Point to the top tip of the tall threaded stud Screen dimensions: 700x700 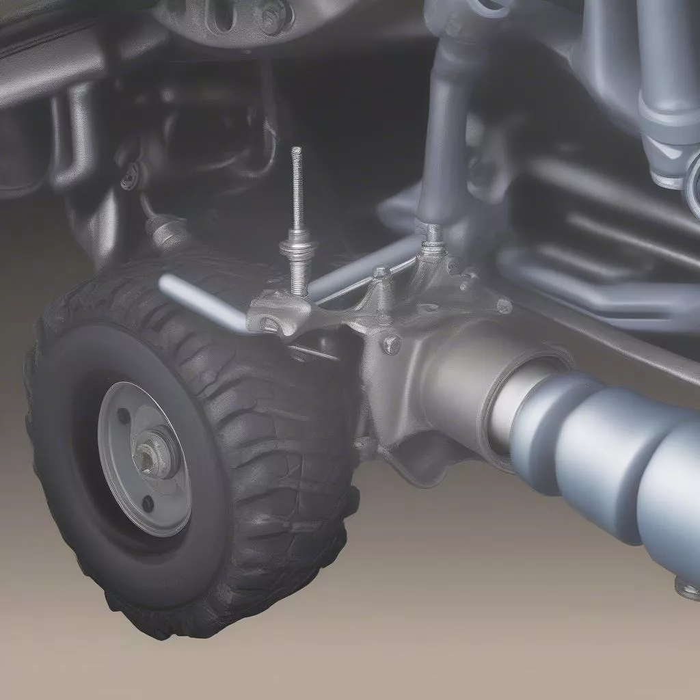[x=296, y=150]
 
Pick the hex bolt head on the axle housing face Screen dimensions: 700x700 [x=391, y=344]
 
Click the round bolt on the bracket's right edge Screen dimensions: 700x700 [x=504, y=306]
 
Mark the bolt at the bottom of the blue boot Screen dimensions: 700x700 [x=687, y=587]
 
